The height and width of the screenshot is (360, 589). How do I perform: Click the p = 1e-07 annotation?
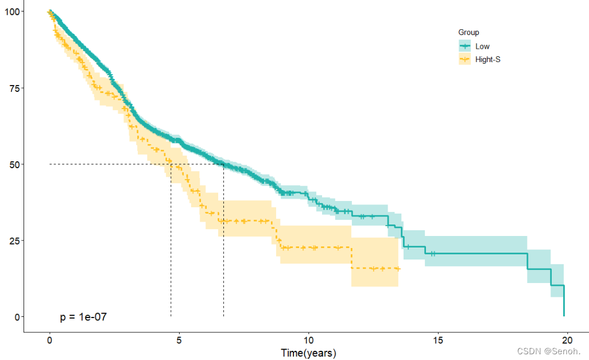tap(83, 317)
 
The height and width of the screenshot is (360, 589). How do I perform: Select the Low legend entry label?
tap(483, 47)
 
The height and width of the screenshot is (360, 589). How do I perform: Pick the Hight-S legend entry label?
tap(488, 59)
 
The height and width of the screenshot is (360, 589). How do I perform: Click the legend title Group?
tap(468, 33)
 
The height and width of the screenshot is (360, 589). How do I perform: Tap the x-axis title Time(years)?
tap(308, 353)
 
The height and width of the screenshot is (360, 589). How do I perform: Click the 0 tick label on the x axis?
tap(50, 339)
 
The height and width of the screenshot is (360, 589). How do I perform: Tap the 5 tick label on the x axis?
tap(179, 339)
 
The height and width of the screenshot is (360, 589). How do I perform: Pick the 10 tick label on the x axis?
tap(309, 339)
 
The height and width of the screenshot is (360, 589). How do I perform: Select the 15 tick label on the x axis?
tap(438, 339)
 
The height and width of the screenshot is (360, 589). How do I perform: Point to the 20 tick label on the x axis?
tap(567, 339)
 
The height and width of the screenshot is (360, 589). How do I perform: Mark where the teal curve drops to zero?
tap(564, 315)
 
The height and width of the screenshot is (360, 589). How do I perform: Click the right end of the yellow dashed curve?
tap(398, 269)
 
